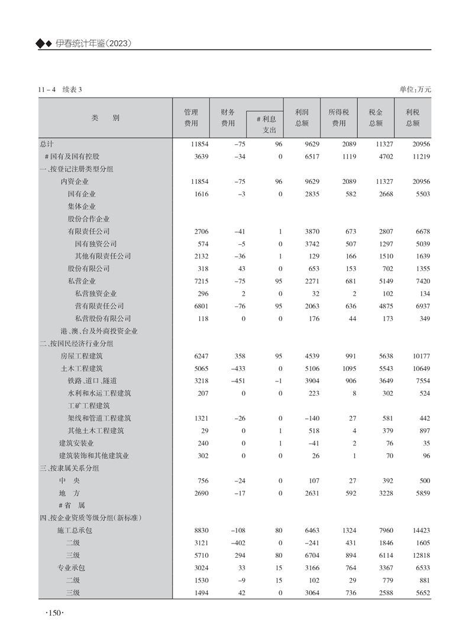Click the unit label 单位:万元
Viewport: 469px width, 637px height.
[416, 89]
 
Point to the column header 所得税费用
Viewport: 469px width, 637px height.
[339, 118]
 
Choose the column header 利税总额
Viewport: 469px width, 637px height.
[413, 118]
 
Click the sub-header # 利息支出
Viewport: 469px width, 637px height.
[265, 124]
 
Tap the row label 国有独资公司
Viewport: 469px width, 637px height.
[96, 244]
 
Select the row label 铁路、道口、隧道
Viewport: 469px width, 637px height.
[92, 380]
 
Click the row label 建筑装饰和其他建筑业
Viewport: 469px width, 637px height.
[94, 455]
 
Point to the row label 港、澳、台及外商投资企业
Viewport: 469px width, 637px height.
[99, 331]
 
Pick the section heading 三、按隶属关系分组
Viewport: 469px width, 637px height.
[69, 468]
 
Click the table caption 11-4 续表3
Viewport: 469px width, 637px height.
[59, 89]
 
